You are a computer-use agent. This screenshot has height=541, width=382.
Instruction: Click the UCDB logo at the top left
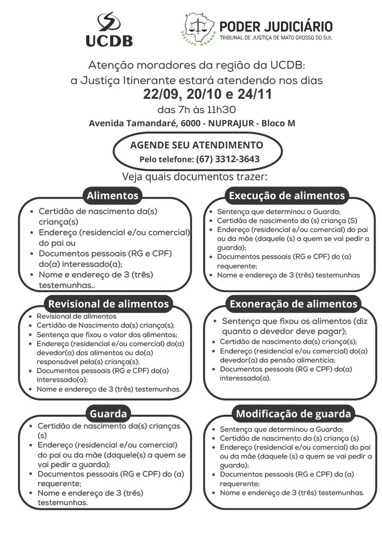point(109,30)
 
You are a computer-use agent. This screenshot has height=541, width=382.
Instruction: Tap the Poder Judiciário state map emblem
point(199,29)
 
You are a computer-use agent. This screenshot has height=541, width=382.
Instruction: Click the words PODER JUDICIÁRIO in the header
point(276,26)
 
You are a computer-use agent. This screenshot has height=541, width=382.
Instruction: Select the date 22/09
point(161,95)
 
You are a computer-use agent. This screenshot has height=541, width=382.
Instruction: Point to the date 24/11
point(253,95)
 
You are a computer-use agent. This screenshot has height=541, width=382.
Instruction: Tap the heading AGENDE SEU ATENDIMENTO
point(196,145)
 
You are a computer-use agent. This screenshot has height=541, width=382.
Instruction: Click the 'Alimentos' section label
point(113,196)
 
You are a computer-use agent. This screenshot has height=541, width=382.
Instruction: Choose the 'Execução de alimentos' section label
point(286,196)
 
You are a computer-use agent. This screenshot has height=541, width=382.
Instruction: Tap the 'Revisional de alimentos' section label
point(108,304)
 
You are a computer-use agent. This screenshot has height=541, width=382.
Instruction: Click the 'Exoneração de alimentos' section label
point(293,304)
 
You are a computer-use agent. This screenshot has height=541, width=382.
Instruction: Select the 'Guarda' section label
point(108,413)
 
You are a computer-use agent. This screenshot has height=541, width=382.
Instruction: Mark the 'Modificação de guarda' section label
point(293,413)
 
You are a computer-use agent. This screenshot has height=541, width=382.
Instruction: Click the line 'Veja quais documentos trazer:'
point(195,176)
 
